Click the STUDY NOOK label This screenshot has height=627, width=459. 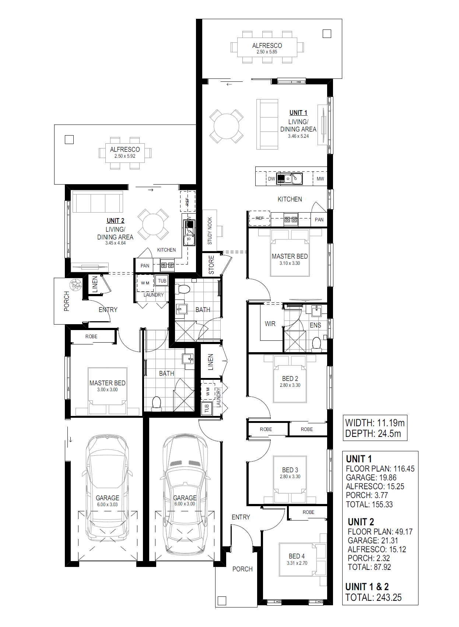click(x=210, y=231)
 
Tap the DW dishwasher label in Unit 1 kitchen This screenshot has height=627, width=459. click(x=271, y=179)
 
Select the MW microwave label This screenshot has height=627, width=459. click(x=320, y=179)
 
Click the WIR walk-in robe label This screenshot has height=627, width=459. click(x=270, y=324)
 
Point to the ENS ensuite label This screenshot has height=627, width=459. click(x=315, y=325)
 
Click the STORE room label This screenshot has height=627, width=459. click(x=211, y=265)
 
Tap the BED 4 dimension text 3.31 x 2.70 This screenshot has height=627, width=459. click(x=297, y=563)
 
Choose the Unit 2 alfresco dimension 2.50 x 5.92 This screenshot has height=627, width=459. click(x=125, y=156)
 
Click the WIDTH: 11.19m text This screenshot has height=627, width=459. click(x=375, y=423)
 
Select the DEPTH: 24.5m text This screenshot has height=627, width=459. click(x=373, y=434)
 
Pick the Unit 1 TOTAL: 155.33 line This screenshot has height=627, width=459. click(x=369, y=504)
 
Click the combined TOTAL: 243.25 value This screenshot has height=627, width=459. click(x=374, y=598)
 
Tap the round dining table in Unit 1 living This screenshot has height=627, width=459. click(x=227, y=126)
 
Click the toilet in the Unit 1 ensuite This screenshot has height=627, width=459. click(x=316, y=344)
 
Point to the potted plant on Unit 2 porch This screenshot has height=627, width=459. click(x=76, y=285)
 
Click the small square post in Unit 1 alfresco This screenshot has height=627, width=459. click(x=327, y=34)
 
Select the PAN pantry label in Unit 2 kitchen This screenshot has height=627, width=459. click(x=145, y=266)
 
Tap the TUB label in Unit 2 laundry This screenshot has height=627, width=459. click(x=162, y=281)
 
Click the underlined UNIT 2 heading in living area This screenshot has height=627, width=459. click(x=115, y=221)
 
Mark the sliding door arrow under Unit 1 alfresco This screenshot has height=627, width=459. click(x=229, y=84)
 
